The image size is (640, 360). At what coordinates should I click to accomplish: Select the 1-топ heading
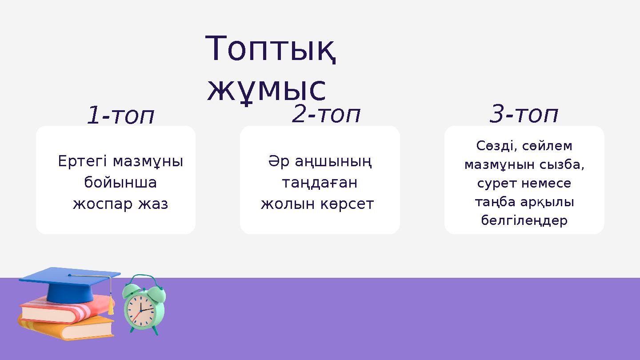coord(120,116)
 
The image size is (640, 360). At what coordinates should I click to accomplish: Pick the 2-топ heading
coord(326,114)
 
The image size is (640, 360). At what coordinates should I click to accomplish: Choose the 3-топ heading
coord(524,114)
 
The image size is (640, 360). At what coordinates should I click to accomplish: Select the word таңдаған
coord(320,183)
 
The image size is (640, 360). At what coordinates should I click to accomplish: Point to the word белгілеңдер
coord(524,220)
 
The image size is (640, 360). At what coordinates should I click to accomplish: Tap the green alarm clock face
coord(140,309)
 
